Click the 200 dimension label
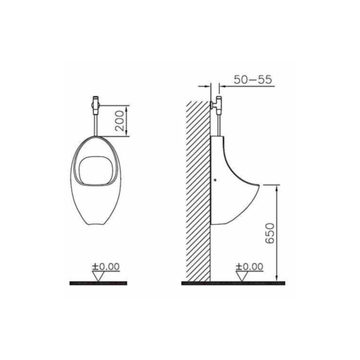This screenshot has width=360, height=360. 119,121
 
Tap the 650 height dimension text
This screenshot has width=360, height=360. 269,233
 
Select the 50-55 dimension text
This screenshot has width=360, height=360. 252,79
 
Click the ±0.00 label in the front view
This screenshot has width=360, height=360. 105,266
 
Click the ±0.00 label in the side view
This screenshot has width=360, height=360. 249,266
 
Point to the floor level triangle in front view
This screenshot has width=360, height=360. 98,276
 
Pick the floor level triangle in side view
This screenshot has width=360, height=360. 241,276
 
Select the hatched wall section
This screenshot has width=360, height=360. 198,191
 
